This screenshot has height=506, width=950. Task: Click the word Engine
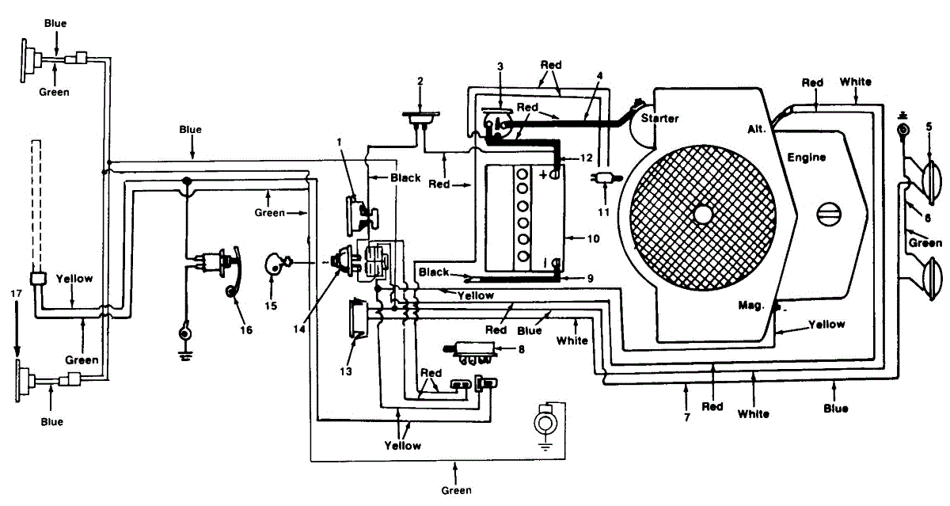pos(807,158)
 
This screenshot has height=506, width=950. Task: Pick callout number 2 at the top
pos(420,81)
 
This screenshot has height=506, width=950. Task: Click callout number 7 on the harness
pos(686,416)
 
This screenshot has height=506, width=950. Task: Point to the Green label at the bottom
pos(456,489)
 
